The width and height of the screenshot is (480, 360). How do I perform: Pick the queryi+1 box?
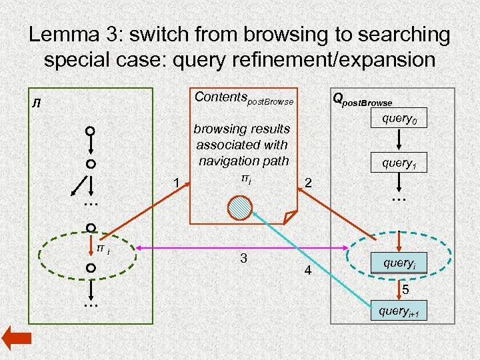click(399, 311)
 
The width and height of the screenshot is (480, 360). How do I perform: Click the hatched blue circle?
click(239, 207)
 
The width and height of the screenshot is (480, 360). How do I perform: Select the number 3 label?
click(244, 258)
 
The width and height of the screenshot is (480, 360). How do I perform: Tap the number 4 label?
click(307, 271)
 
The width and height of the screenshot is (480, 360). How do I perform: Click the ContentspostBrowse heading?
click(243, 98)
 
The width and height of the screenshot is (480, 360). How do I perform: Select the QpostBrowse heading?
click(362, 100)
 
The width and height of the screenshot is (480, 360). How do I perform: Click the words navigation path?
click(243, 161)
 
